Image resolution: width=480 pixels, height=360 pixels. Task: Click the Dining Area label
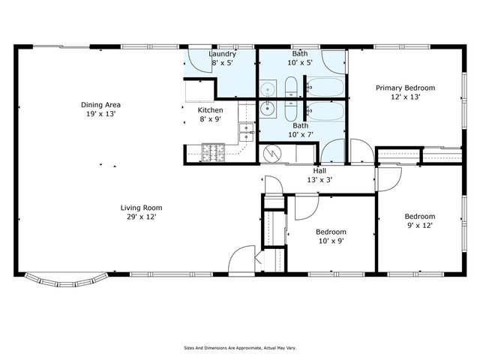(x=101, y=105)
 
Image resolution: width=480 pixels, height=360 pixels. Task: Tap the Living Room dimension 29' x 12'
(x=141, y=217)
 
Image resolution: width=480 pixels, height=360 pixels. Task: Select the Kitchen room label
(x=210, y=110)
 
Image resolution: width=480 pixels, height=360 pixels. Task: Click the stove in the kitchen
(x=213, y=152)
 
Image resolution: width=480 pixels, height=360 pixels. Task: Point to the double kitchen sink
(x=245, y=133)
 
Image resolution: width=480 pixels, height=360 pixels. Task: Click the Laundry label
(x=223, y=54)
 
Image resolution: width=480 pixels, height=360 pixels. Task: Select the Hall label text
(x=319, y=171)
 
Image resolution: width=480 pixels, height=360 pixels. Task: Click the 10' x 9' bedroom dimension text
(x=331, y=241)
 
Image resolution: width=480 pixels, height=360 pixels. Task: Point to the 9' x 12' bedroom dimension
(x=420, y=226)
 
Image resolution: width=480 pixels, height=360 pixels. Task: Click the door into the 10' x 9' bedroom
(x=305, y=206)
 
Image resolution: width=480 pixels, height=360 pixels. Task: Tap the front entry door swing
(x=242, y=259)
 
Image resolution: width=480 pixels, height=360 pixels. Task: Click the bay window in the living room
(x=67, y=280)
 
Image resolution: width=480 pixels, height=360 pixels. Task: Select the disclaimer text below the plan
(x=239, y=348)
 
